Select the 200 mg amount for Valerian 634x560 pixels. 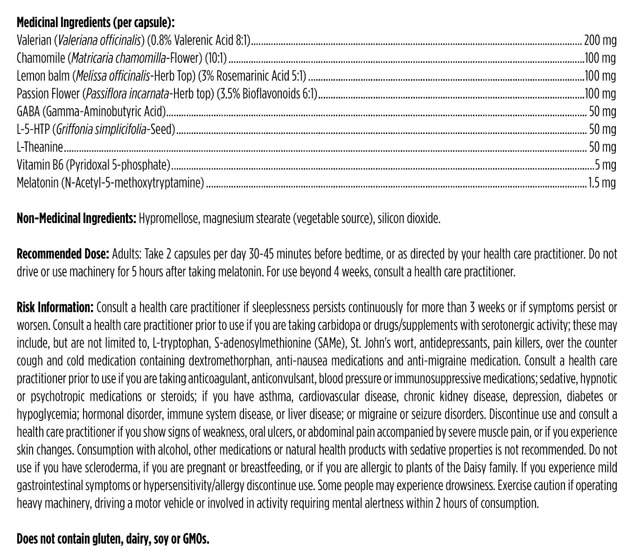[x=600, y=40]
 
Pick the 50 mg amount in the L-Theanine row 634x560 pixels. [x=602, y=147]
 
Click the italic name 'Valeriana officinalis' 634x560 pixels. [x=99, y=40]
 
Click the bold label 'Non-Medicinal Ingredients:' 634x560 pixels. [x=76, y=218]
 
